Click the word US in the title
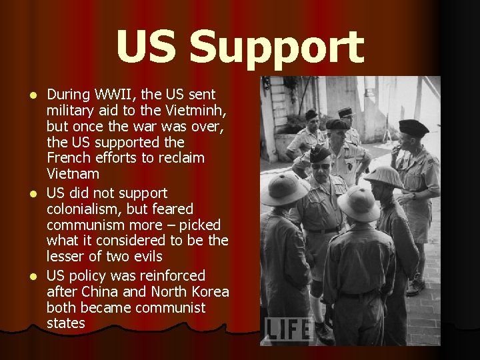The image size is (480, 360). (149, 48)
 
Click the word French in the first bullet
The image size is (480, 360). (67, 159)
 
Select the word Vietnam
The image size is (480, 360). (73, 175)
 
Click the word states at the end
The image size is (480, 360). (66, 324)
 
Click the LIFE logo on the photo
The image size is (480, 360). (288, 329)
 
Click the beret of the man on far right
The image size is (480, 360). (413, 128)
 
